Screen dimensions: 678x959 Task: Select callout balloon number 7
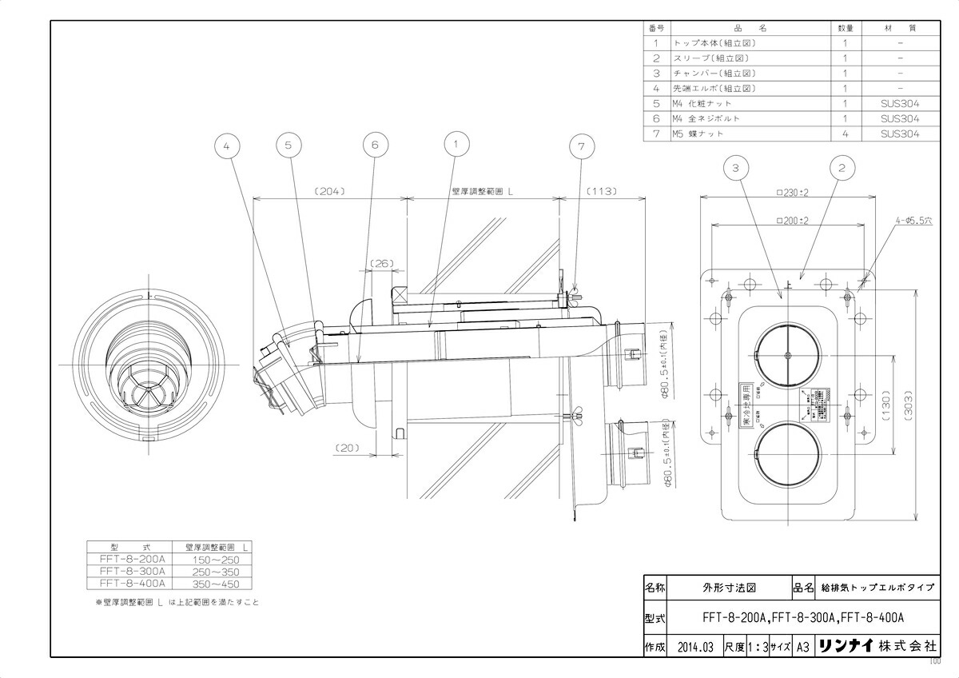pos(581,146)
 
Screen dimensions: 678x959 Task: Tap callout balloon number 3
pos(735,168)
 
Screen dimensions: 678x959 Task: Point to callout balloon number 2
pos(841,168)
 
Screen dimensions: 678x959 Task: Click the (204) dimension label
pos(328,192)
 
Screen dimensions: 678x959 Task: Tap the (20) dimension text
pos(347,448)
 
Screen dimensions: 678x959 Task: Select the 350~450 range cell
pos(211,584)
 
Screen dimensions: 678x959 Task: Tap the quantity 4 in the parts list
pos(845,134)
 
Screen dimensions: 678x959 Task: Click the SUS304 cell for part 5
pos(899,104)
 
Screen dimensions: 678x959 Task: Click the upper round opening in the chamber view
pos(787,355)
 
